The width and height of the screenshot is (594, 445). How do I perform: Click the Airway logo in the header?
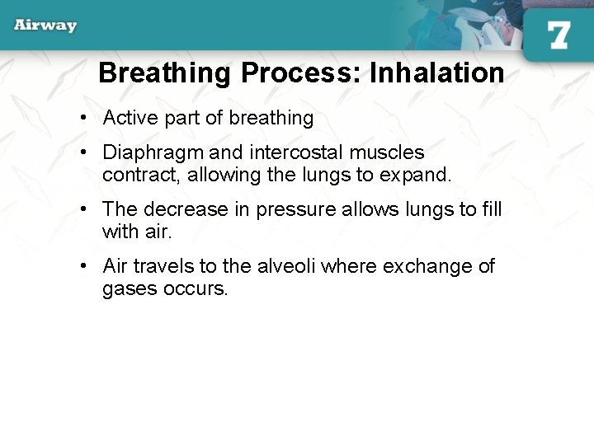pos(45,25)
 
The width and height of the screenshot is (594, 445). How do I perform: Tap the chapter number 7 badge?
pos(558,35)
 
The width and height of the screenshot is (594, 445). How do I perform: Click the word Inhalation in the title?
pos(436,73)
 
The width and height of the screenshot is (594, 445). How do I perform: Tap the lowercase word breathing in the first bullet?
pos(271,118)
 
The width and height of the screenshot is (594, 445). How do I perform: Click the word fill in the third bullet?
pos(492,209)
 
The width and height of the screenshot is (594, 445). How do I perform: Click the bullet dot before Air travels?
pos(85,266)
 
